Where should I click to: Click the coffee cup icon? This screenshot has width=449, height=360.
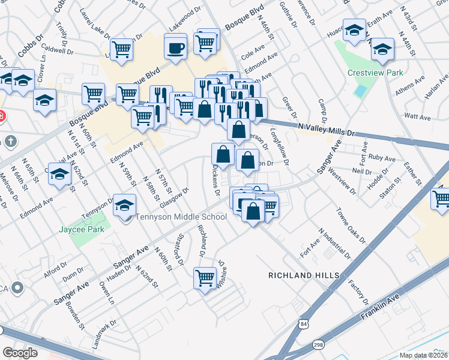tap(176, 47)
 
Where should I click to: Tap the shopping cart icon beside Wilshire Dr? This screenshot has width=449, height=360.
tap(205, 278)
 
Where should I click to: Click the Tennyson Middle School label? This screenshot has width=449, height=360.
tap(180, 217)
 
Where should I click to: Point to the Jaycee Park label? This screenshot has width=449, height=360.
tap(82, 229)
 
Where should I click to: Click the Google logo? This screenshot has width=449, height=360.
tap(20, 352)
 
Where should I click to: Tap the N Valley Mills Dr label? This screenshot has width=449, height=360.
tap(327, 130)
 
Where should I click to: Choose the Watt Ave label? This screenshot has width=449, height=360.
tap(416, 115)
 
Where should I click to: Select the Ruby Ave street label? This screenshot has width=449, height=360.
tap(382, 159)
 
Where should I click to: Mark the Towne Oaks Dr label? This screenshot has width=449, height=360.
tap(351, 226)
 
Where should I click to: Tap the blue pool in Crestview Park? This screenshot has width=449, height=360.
tap(360, 92)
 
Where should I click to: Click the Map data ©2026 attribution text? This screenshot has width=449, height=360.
tap(424, 355)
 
